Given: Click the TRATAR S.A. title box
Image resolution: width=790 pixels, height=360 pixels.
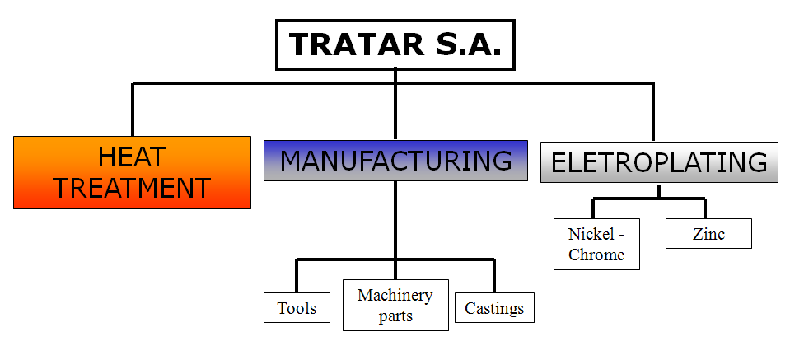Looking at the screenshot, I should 395,44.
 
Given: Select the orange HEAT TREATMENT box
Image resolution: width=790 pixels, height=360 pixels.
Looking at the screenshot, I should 132,171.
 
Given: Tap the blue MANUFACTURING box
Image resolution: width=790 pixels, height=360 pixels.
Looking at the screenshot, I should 395,160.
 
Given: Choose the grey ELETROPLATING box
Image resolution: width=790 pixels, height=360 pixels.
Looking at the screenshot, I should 659,162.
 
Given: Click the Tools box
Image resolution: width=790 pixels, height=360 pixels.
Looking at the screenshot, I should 297,309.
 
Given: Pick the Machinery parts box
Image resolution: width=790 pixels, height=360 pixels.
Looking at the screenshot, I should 395,305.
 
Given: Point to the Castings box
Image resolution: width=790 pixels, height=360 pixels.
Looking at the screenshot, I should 494,309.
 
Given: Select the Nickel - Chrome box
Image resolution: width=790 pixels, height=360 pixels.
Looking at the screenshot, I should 596,244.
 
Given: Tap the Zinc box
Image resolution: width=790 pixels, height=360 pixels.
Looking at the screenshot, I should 708,234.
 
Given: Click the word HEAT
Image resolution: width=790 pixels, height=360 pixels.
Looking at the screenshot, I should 132,156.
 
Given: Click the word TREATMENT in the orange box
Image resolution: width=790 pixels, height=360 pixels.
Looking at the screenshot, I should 132,188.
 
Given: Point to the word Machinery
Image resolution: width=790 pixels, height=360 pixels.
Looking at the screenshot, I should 395,295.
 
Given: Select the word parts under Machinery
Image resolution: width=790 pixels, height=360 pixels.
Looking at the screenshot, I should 395,316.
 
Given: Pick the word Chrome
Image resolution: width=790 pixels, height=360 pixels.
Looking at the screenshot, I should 596,255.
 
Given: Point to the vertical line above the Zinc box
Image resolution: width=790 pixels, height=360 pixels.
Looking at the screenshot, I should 705,208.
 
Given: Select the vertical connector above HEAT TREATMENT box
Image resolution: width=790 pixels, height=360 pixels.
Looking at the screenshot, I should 133,109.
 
